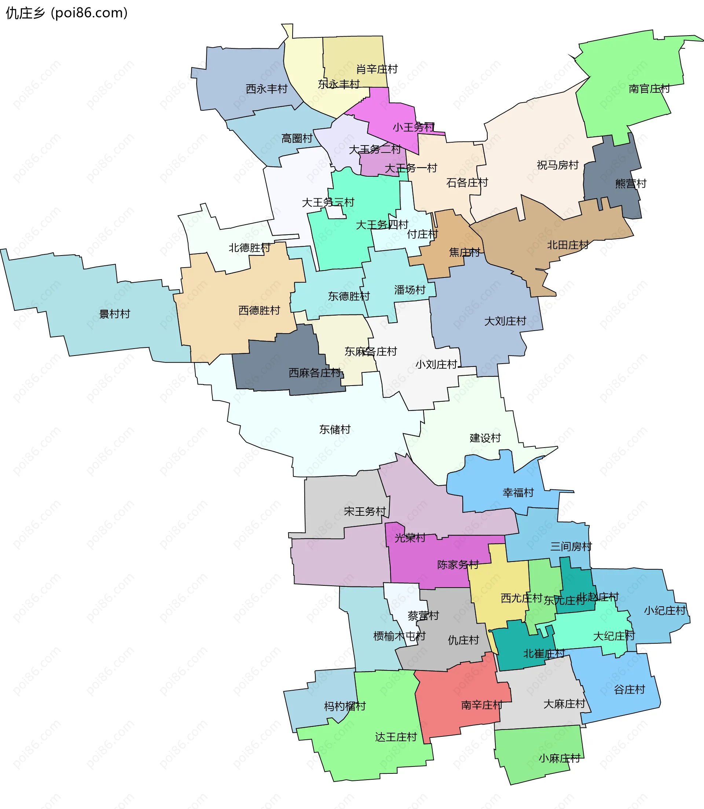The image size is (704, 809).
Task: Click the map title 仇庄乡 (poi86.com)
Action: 67,13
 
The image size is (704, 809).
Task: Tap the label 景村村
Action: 114,314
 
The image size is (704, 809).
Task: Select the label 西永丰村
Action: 267,89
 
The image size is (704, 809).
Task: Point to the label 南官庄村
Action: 649,89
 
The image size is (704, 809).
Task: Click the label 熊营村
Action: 631,183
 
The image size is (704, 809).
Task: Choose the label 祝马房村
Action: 557,165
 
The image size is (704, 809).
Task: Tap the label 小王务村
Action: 413,127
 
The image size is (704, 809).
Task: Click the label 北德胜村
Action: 249,248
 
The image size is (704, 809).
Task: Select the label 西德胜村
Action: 259,310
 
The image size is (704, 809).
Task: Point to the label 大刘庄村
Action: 505,321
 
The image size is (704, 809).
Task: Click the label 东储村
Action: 335,430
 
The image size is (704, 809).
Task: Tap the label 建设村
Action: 485,438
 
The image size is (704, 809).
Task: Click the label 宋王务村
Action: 365,511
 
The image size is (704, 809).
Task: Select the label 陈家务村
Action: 458,565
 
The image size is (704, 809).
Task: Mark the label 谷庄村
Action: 629,690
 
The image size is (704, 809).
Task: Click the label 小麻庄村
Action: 559,758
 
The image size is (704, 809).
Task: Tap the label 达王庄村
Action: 396,737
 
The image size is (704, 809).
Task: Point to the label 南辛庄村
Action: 482,705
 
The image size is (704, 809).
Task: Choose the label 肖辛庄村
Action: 377,70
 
